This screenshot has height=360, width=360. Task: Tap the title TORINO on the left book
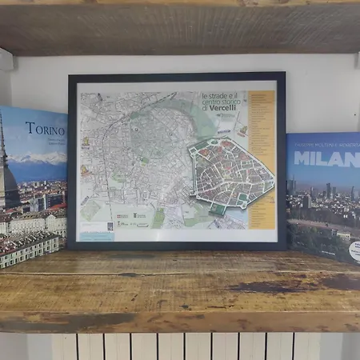click(x=45, y=128)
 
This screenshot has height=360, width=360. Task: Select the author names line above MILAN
click(x=324, y=144)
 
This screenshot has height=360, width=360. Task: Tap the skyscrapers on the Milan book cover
click(x=328, y=192)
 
